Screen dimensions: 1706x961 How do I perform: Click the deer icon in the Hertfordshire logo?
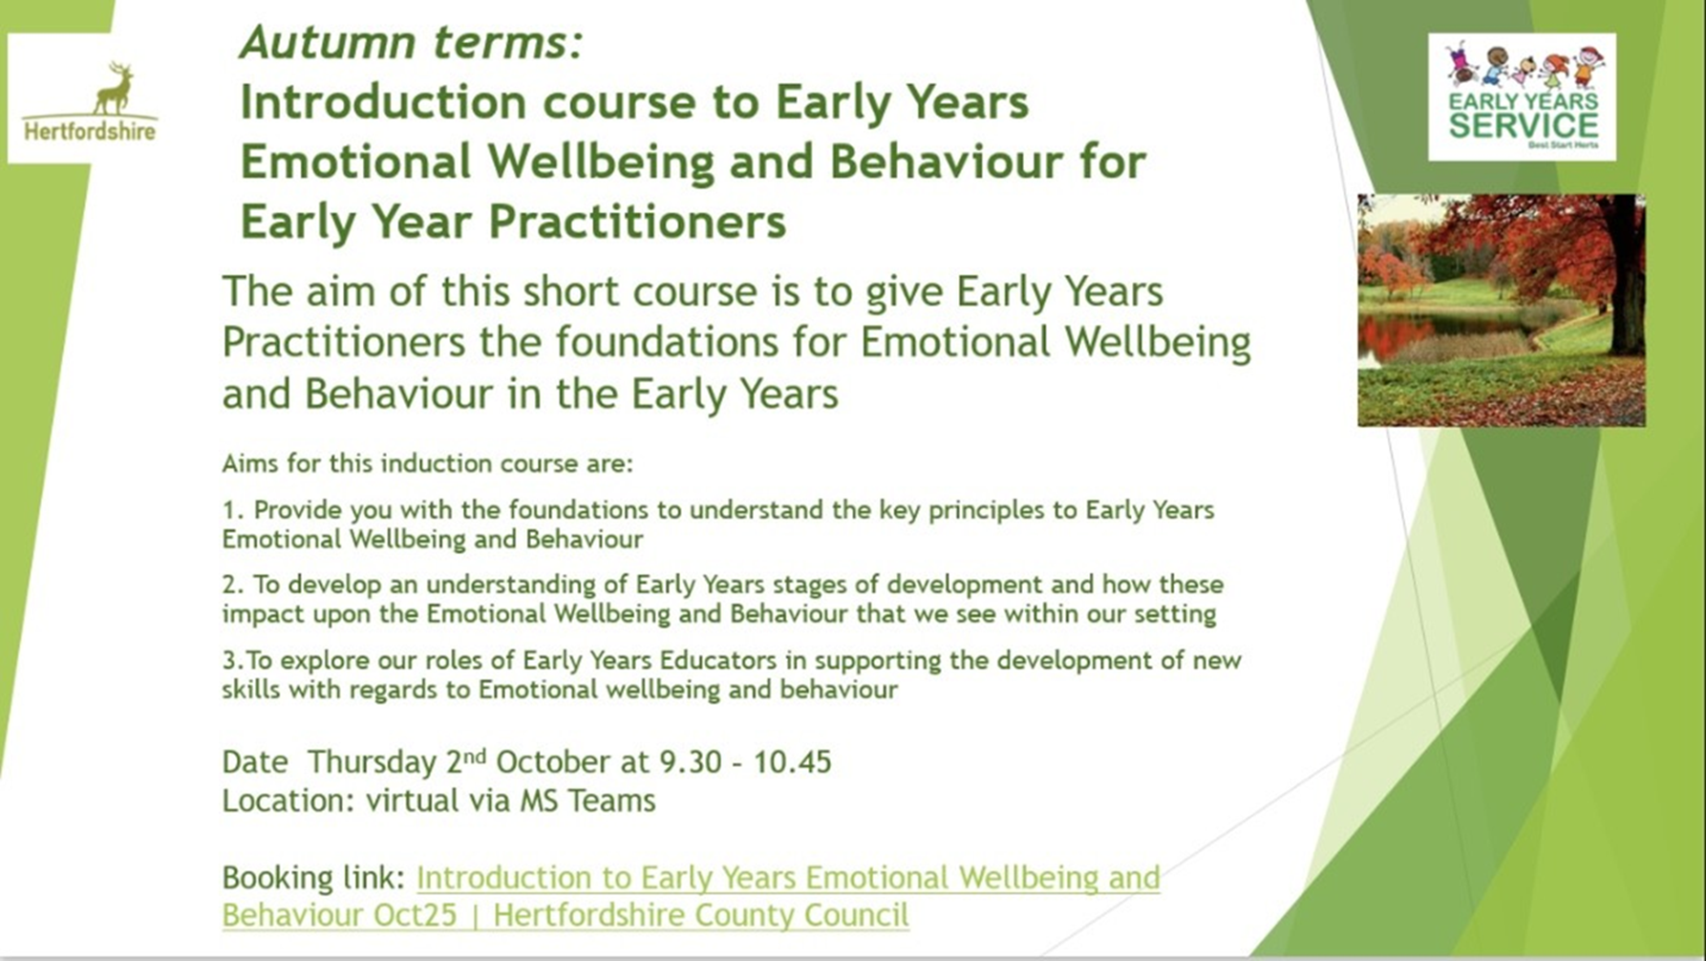115,88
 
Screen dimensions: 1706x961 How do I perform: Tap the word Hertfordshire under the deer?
90,131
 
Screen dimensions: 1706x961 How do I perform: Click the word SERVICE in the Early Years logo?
1524,125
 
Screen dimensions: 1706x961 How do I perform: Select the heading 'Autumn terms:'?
412,42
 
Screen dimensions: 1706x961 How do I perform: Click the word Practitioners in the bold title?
637,222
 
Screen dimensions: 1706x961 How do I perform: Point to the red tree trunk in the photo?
1627,287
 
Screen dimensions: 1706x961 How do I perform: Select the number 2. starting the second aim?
234,585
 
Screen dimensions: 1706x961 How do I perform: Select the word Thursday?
372,762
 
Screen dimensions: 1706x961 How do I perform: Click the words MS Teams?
587,801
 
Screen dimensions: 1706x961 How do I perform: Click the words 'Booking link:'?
313,878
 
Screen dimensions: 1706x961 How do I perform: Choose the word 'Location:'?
288,801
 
